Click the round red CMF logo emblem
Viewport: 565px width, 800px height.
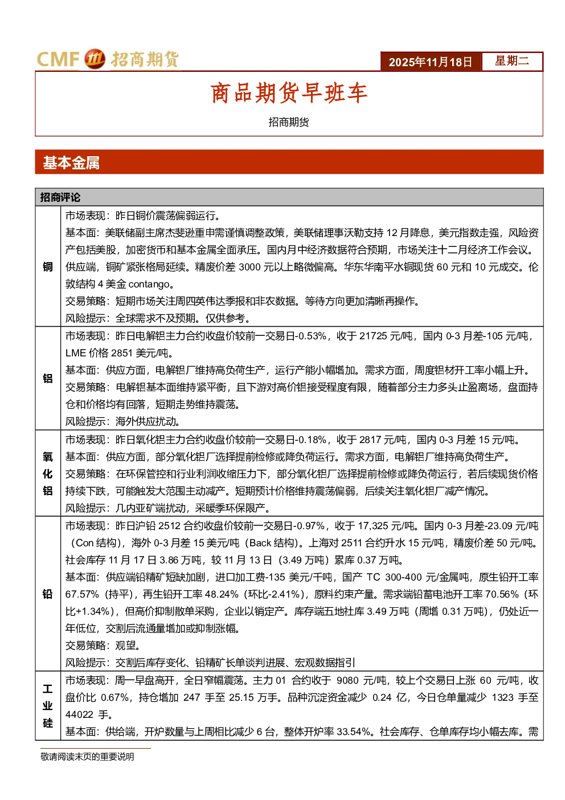point(95,59)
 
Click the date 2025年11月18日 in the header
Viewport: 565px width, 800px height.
point(430,62)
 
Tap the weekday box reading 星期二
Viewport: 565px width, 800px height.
point(512,61)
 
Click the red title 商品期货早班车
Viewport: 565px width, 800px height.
point(289,93)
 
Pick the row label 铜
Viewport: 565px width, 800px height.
point(48,267)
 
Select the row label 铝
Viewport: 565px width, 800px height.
point(48,379)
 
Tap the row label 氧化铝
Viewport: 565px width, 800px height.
point(48,474)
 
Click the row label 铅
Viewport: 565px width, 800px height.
point(48,594)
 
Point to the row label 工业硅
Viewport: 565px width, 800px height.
point(48,706)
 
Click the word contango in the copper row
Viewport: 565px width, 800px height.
point(149,285)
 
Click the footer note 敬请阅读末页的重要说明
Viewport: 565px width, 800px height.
point(87,757)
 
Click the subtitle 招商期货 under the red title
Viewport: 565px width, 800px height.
point(289,122)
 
